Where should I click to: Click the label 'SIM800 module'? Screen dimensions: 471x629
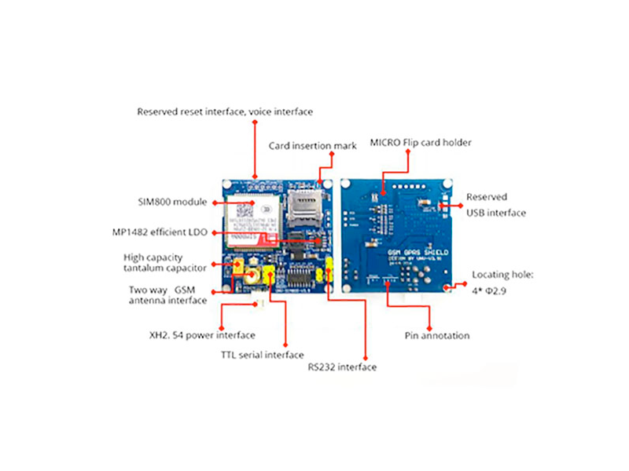[172, 202]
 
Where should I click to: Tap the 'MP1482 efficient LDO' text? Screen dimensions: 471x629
[160, 232]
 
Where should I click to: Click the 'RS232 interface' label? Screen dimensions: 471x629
[341, 367]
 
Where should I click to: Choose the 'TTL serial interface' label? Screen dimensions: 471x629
[262, 355]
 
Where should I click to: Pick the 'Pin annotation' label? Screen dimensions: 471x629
[437, 335]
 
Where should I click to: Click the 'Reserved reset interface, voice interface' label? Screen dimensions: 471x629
[225, 111]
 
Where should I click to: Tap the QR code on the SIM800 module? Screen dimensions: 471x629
[245, 211]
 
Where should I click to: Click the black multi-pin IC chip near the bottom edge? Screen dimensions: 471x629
[302, 277]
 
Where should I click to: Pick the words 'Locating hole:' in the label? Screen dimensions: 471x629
[502, 275]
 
